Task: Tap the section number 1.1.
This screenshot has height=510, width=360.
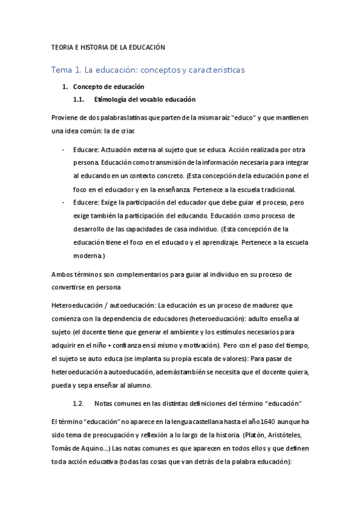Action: point(80,99)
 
